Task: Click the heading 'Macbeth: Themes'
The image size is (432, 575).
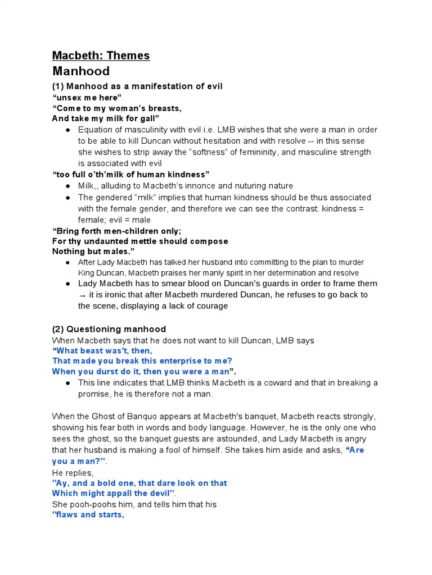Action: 101,55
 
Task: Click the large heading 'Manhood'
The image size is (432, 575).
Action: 80,71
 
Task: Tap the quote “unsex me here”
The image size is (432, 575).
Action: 87,97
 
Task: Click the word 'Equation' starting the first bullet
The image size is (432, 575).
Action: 96,130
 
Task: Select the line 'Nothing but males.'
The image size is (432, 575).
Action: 93,251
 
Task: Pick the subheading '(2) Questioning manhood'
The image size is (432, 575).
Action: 109,329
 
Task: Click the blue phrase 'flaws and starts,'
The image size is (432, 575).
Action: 88,515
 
